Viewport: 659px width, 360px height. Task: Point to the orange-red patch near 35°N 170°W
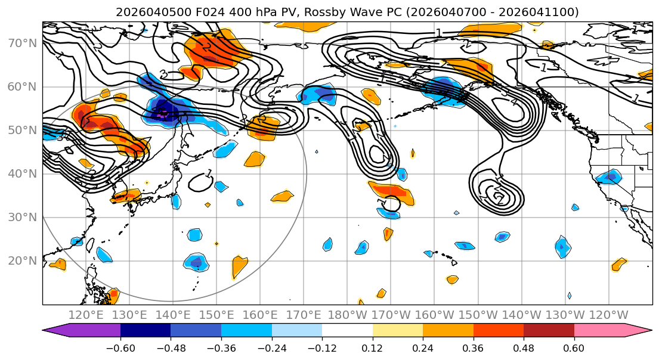tap(391, 192)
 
